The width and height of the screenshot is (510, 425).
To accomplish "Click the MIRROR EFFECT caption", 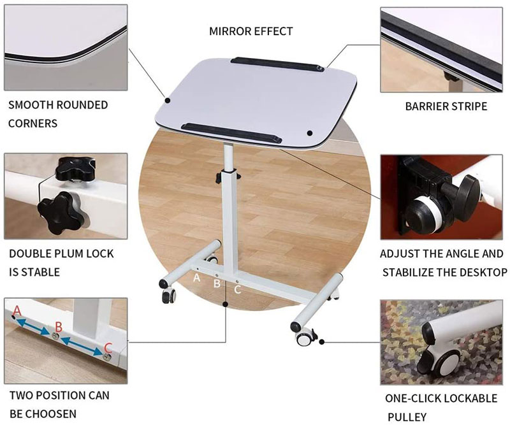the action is coord(251,31).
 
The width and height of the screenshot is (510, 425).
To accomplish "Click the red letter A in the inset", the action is coord(17,311).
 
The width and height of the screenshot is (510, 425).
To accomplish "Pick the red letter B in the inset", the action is coord(59,326).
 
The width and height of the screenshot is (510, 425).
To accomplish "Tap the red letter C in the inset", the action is coord(108,349).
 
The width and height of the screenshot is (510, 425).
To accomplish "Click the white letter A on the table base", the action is coord(196,278).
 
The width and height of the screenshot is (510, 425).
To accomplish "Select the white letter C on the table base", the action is coord(238,289).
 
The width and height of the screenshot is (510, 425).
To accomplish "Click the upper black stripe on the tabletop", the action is coord(277,65).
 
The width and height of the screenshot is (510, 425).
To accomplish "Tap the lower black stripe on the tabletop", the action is coord(231,133).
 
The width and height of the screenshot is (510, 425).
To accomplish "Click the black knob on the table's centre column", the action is coord(218,178).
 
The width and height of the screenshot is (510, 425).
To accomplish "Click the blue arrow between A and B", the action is coord(34,326).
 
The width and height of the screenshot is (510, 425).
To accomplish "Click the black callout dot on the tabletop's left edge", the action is coord(168,101).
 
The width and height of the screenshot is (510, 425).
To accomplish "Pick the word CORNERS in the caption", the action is coord(33,123).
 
